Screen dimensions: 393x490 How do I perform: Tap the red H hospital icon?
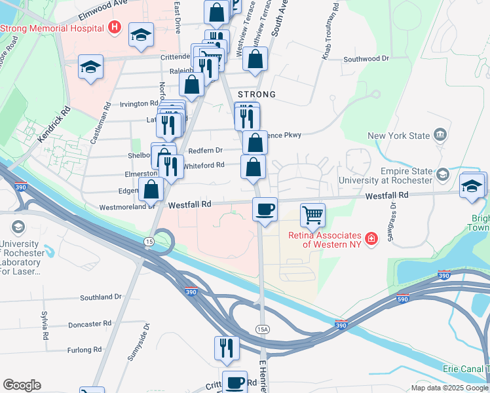(x=115, y=28)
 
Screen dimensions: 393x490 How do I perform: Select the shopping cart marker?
(x=313, y=214)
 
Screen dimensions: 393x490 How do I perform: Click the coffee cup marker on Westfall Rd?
(x=265, y=210)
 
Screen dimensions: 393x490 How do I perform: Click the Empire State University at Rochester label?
(x=398, y=176)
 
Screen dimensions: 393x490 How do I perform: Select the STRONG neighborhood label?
(x=256, y=94)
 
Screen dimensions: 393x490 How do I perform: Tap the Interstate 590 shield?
(x=402, y=299)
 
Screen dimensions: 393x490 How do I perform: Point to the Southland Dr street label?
(x=101, y=297)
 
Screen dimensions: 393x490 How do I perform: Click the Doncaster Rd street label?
(x=90, y=324)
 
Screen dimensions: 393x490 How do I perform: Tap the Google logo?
(x=22, y=385)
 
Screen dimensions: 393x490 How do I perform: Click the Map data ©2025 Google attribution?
(x=449, y=388)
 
